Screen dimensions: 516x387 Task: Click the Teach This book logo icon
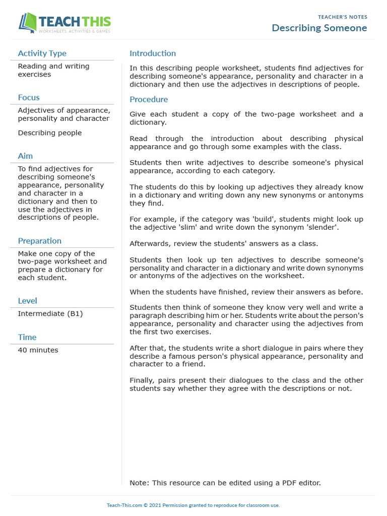click(x=28, y=23)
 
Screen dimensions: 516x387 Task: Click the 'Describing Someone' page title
click(x=319, y=28)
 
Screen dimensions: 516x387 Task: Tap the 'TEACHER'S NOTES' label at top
click(x=343, y=17)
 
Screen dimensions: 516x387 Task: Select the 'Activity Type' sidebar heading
click(x=42, y=53)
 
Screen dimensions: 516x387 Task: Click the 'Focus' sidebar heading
click(x=29, y=98)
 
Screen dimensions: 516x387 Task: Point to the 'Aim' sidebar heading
click(x=25, y=156)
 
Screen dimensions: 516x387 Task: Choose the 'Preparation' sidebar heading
click(x=39, y=241)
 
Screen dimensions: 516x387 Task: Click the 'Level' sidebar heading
click(x=27, y=301)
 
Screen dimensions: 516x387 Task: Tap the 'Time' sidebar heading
click(x=27, y=337)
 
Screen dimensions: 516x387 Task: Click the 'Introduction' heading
click(x=153, y=53)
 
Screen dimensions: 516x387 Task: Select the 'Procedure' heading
click(x=149, y=100)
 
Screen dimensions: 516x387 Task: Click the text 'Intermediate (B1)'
click(x=50, y=313)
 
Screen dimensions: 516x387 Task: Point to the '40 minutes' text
click(x=38, y=350)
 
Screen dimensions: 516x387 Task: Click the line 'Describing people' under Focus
click(x=49, y=133)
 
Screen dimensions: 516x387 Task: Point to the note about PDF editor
click(x=225, y=483)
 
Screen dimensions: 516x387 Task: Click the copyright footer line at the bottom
click(x=193, y=505)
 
